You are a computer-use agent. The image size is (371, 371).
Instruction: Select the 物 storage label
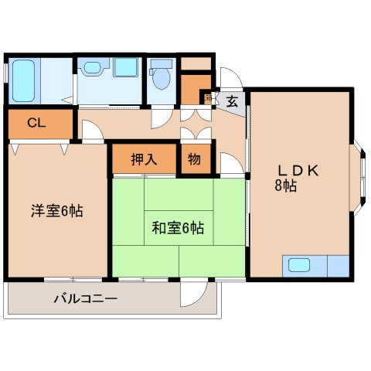194,159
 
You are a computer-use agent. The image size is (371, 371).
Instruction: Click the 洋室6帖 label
56,210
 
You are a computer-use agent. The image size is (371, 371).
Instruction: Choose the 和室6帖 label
178,228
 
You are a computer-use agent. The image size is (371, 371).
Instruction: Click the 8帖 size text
284,186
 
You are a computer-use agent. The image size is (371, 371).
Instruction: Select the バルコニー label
85,298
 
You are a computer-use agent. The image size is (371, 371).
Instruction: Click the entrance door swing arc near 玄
231,79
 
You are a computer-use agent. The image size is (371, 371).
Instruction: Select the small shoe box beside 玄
207,98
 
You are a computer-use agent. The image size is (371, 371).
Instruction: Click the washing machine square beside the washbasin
125,67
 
